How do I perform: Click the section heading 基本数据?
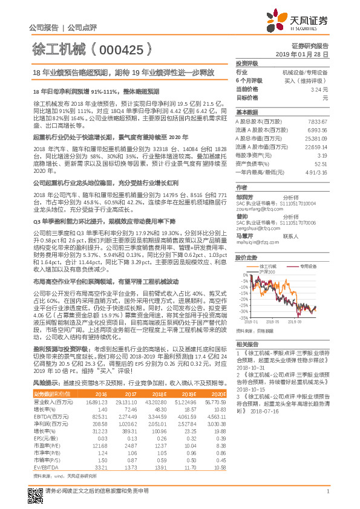click(246, 112)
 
